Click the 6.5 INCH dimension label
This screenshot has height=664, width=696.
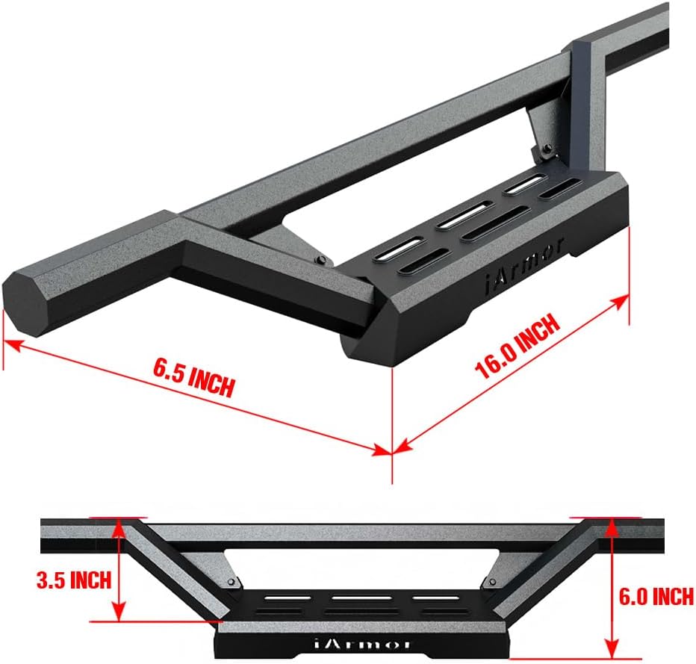[x=193, y=378]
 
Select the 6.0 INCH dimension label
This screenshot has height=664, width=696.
[x=656, y=595]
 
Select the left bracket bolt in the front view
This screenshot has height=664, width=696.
[x=232, y=582]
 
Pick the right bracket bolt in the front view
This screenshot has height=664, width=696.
[x=491, y=582]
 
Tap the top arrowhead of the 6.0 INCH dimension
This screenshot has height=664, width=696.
[x=612, y=524]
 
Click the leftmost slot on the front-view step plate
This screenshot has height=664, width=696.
[x=287, y=599]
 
